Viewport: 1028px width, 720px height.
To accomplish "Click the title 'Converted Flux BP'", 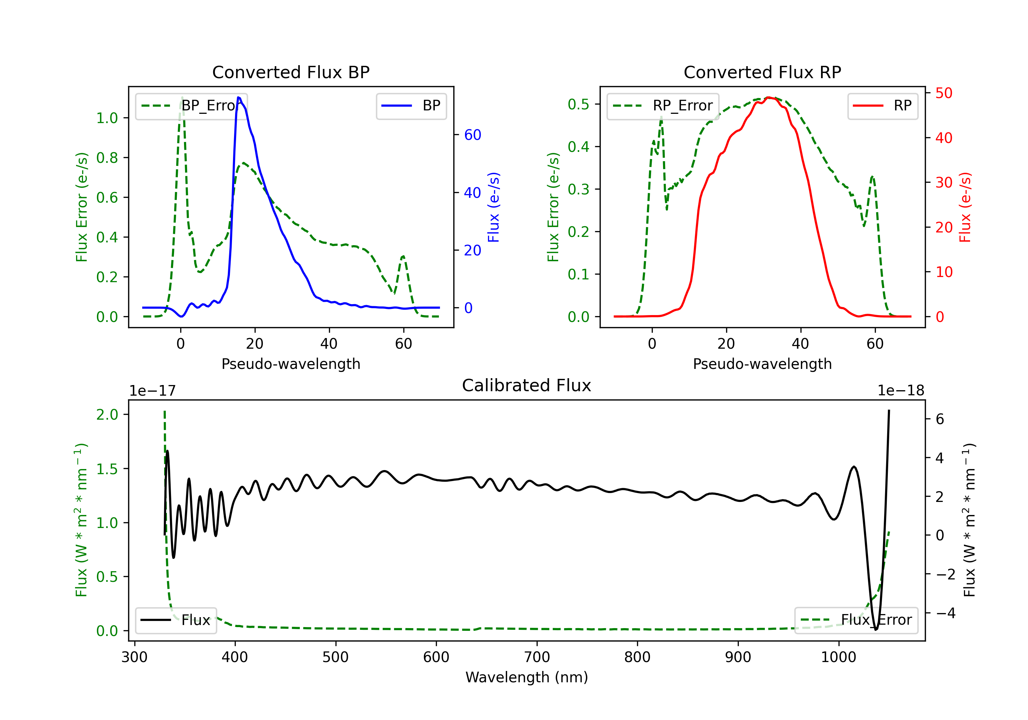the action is coord(291,72).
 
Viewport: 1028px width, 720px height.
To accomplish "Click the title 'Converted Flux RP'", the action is coord(762,72).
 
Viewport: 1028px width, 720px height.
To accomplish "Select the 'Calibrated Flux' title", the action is coord(527,385).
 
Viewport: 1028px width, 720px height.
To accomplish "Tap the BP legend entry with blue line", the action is coord(411,106).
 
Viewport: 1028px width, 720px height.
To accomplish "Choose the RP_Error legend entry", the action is coord(663,106).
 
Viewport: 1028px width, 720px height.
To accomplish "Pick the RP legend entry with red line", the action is coord(882,106).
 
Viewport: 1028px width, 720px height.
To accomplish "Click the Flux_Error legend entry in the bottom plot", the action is coord(856,620).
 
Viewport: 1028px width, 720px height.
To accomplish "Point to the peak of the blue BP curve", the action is coord(238,97).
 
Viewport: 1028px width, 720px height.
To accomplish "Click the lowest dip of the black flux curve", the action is coord(876,629).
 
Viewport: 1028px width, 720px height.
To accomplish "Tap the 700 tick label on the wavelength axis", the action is coord(537,657).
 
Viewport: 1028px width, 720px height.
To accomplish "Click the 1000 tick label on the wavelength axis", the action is coord(839,657).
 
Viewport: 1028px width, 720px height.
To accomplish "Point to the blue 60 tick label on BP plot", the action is coord(472,135).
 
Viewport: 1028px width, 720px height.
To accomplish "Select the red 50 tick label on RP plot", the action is coord(944,93).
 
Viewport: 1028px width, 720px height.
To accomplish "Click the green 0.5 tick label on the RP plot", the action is coord(578,104).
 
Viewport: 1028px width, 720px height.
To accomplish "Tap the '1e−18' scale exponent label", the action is coord(901,391).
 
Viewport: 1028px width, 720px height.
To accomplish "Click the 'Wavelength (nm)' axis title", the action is coord(527,677).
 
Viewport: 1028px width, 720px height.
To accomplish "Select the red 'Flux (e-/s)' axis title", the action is coord(965,207).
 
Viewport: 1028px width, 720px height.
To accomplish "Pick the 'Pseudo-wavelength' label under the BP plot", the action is coord(291,364).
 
